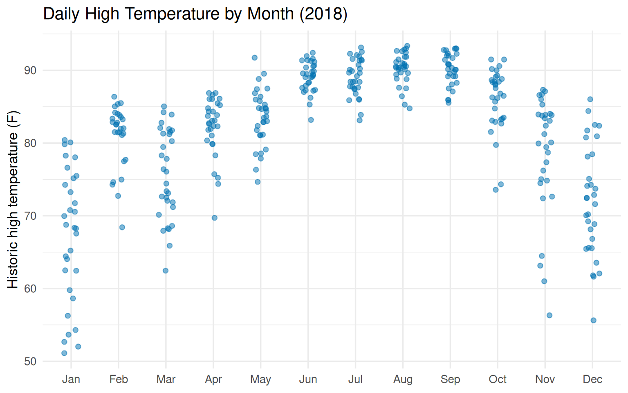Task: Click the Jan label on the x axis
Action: [x=71, y=379]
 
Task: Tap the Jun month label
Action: [x=308, y=379]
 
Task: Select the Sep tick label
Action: [x=450, y=379]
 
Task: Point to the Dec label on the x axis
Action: [x=592, y=379]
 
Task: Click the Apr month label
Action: [x=213, y=379]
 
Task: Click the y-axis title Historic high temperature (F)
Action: [x=13, y=199]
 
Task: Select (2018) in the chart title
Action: [x=323, y=14]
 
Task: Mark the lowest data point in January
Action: [x=64, y=353]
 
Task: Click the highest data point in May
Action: [x=254, y=58]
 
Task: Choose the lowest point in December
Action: [x=593, y=321]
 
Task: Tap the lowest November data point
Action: [x=549, y=315]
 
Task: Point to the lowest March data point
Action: [x=166, y=271]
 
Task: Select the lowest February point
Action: [x=122, y=227]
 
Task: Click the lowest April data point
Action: [x=214, y=218]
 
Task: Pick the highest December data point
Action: [x=590, y=99]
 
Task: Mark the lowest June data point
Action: [x=311, y=120]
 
